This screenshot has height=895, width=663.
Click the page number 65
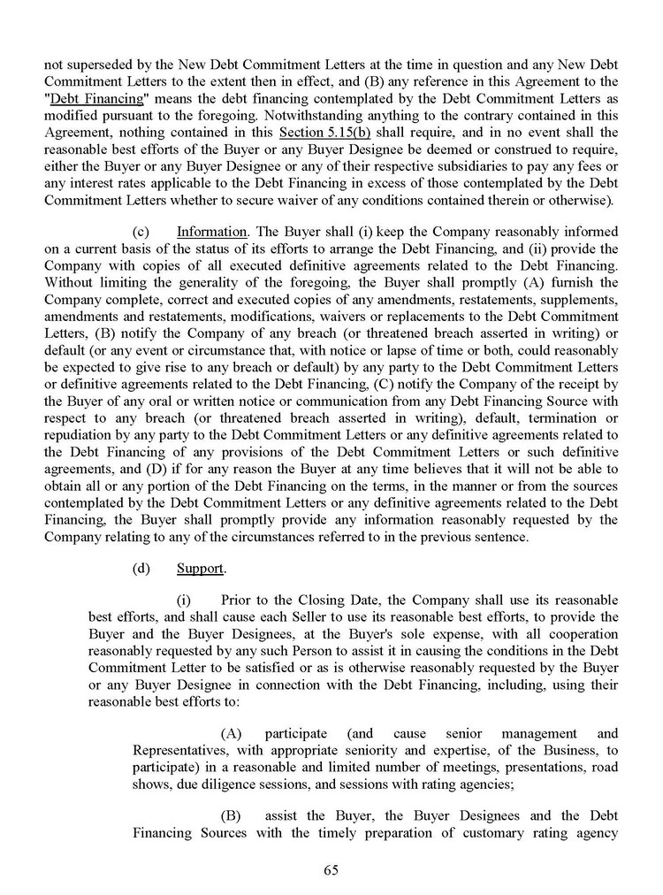[331, 869]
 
